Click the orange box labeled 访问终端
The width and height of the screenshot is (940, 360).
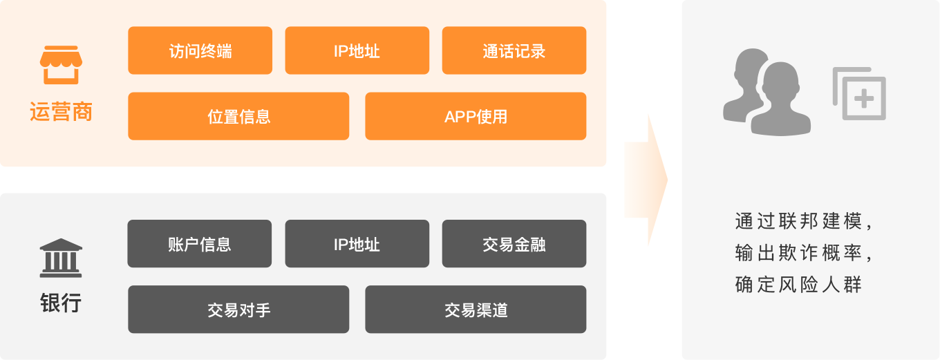coord(200,50)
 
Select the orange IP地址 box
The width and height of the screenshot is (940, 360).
coord(357,50)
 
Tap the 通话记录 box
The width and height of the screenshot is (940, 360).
coord(514,50)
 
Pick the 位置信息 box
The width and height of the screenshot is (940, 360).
coord(238,116)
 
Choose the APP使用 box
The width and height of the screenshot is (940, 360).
coord(476,116)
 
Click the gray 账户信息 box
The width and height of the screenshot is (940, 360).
coord(199,244)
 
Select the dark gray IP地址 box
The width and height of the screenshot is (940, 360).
coord(357,244)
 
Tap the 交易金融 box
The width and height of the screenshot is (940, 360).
coord(514,244)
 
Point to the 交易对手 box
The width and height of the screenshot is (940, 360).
coord(238,310)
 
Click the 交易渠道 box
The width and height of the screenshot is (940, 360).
coord(476,310)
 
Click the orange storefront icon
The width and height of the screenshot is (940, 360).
coord(61,66)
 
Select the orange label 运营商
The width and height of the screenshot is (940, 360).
coord(61,112)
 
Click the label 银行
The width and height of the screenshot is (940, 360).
coord(61,303)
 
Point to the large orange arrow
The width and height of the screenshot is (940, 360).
coord(646,180)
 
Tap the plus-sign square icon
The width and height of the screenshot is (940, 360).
coord(860,94)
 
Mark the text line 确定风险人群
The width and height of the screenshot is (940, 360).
coord(798,284)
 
